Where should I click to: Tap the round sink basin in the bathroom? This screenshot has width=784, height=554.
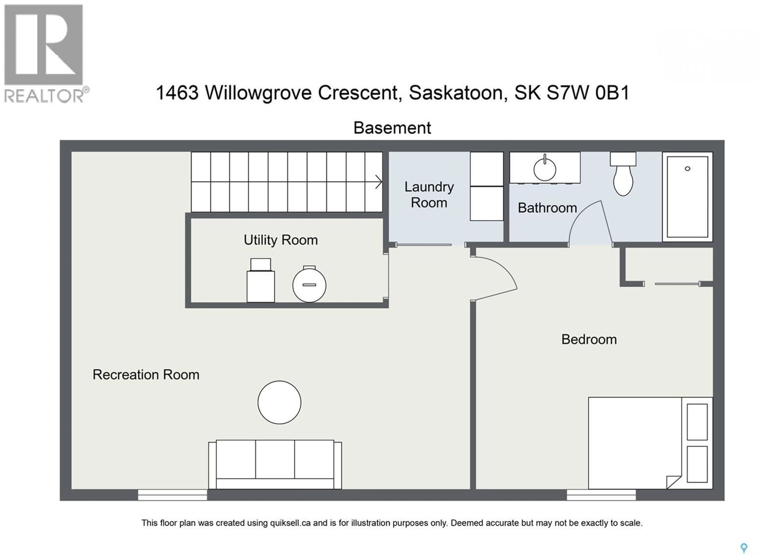545,170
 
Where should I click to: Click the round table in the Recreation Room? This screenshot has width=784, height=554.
279,402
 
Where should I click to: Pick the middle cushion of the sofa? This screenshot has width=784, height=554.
275,459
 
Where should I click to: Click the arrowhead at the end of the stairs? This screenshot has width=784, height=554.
378,182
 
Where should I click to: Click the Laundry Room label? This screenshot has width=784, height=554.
429,195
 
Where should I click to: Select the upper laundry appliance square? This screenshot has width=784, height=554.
487,169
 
